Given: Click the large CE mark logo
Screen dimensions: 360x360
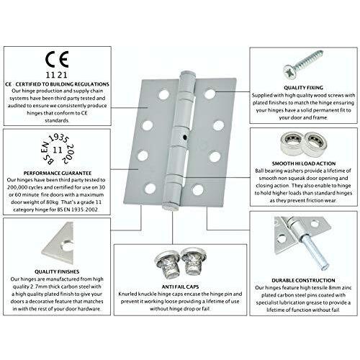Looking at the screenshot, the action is click(57, 59).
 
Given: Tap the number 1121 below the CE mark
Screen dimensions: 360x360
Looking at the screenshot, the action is click(57, 75).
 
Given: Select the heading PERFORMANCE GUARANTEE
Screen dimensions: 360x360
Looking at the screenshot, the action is click(58, 173).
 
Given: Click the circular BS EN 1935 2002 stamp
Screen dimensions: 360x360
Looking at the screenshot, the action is click(58, 150).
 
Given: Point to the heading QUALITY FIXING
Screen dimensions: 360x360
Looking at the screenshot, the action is click(303, 88).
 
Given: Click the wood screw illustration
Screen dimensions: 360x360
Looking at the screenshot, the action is click(303, 65).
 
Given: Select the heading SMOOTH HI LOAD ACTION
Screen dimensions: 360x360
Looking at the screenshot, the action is click(304, 163).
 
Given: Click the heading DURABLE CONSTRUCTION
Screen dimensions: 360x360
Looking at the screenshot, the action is click(303, 280).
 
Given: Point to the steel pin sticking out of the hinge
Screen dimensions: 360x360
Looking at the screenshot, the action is click(315, 253).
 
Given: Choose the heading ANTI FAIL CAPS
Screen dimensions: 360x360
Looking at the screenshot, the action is click(180, 287).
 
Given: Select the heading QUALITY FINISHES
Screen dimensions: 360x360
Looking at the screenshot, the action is click(57, 271).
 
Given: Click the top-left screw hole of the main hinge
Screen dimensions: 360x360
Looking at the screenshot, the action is click(164, 94).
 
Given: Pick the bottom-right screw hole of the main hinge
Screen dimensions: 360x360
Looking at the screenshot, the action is click(198, 189).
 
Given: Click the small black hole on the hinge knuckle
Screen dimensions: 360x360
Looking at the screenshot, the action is click(184, 138).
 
